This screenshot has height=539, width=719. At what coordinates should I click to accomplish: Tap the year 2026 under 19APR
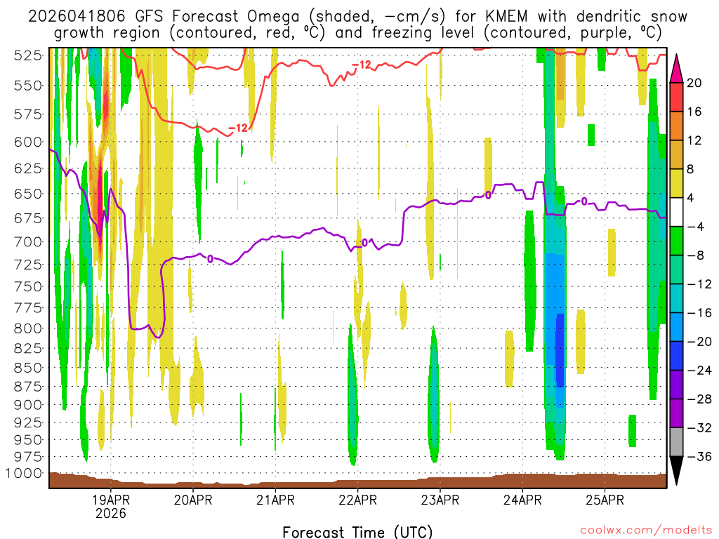(111, 514)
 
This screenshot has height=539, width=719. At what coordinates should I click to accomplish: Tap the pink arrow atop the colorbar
(676, 67)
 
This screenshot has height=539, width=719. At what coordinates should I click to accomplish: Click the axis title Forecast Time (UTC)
(357, 531)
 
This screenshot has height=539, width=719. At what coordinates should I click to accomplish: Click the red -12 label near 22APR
(361, 65)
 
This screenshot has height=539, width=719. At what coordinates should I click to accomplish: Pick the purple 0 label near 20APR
(209, 259)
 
